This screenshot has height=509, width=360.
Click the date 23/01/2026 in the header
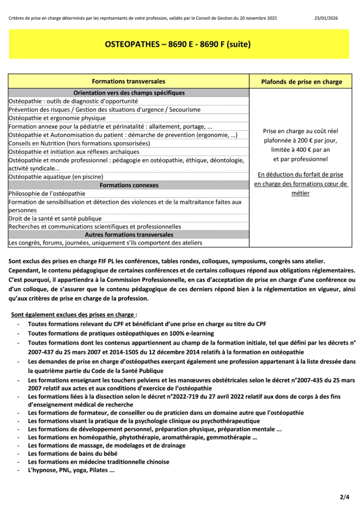pos(327,18)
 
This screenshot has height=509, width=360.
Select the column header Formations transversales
pos(129,81)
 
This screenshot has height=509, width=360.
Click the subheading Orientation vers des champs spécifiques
pos(129,93)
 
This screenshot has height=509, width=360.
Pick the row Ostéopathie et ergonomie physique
pos(57,118)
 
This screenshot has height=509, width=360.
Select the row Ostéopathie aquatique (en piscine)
pos(56,176)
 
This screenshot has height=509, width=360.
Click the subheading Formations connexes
pos(129,185)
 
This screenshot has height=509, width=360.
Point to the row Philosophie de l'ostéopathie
pos(47,193)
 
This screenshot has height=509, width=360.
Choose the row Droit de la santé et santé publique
pos(55,218)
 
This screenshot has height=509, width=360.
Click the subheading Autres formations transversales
pos(129,235)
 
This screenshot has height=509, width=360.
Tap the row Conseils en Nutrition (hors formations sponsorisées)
pos(79,143)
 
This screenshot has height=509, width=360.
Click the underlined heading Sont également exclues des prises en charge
pos(73,315)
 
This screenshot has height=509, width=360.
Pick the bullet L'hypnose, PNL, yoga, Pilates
pos(71,469)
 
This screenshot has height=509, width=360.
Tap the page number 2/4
pos(345,497)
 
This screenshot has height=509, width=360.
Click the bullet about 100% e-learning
pos(121,333)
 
